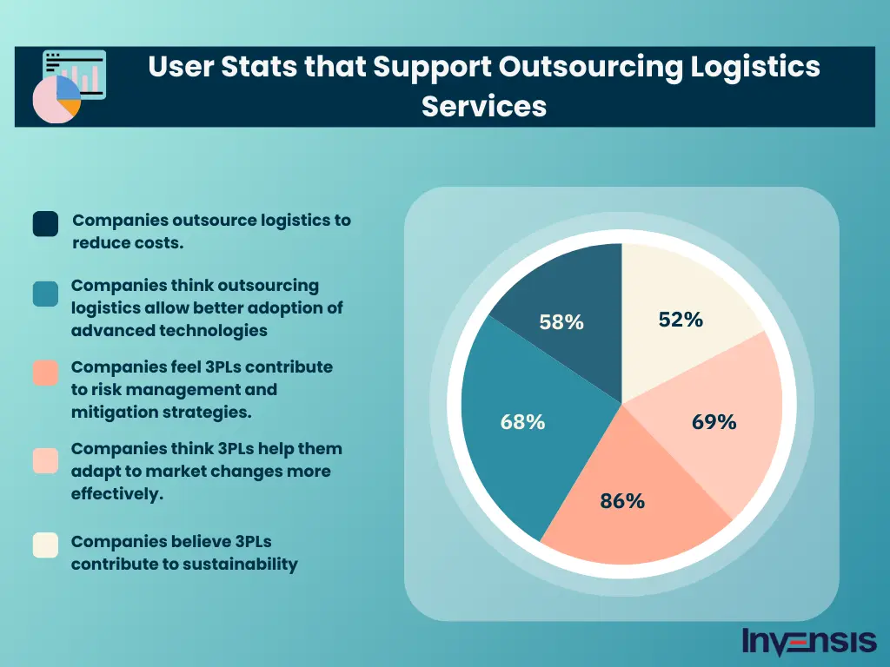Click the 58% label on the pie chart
click(x=561, y=322)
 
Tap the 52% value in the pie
click(x=681, y=320)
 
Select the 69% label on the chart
click(x=714, y=422)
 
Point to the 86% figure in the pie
click(x=622, y=501)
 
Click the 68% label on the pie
click(x=523, y=422)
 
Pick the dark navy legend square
click(x=45, y=223)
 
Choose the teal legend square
click(x=45, y=294)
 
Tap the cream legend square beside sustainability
click(x=45, y=545)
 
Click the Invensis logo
click(x=809, y=642)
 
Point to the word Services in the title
click(x=484, y=106)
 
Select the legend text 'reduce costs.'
click(x=128, y=243)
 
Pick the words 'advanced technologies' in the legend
click(x=169, y=331)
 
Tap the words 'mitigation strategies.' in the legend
click(x=162, y=413)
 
